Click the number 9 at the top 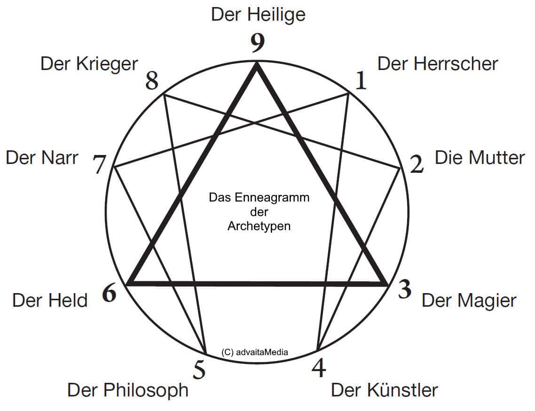pyautogui.click(x=258, y=43)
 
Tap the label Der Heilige pyautogui.click(x=258, y=15)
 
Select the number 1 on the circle pyautogui.click(x=361, y=80)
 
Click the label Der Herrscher pyautogui.click(x=438, y=64)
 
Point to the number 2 pyautogui.click(x=417, y=164)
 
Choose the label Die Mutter pyautogui.click(x=480, y=157)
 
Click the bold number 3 pyautogui.click(x=405, y=290)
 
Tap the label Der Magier pyautogui.click(x=469, y=301)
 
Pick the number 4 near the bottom pyautogui.click(x=319, y=368)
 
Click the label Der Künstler pyautogui.click(x=385, y=390)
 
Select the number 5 pyautogui.click(x=199, y=370)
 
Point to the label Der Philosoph pyautogui.click(x=128, y=390)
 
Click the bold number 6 pyautogui.click(x=109, y=293)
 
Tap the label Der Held pyautogui.click(x=50, y=301)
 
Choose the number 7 pyautogui.click(x=100, y=164)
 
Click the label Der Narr pyautogui.click(x=42, y=158)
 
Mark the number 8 pyautogui.click(x=152, y=81)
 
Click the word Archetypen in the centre pyautogui.click(x=259, y=226)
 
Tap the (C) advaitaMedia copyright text pyautogui.click(x=254, y=352)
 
